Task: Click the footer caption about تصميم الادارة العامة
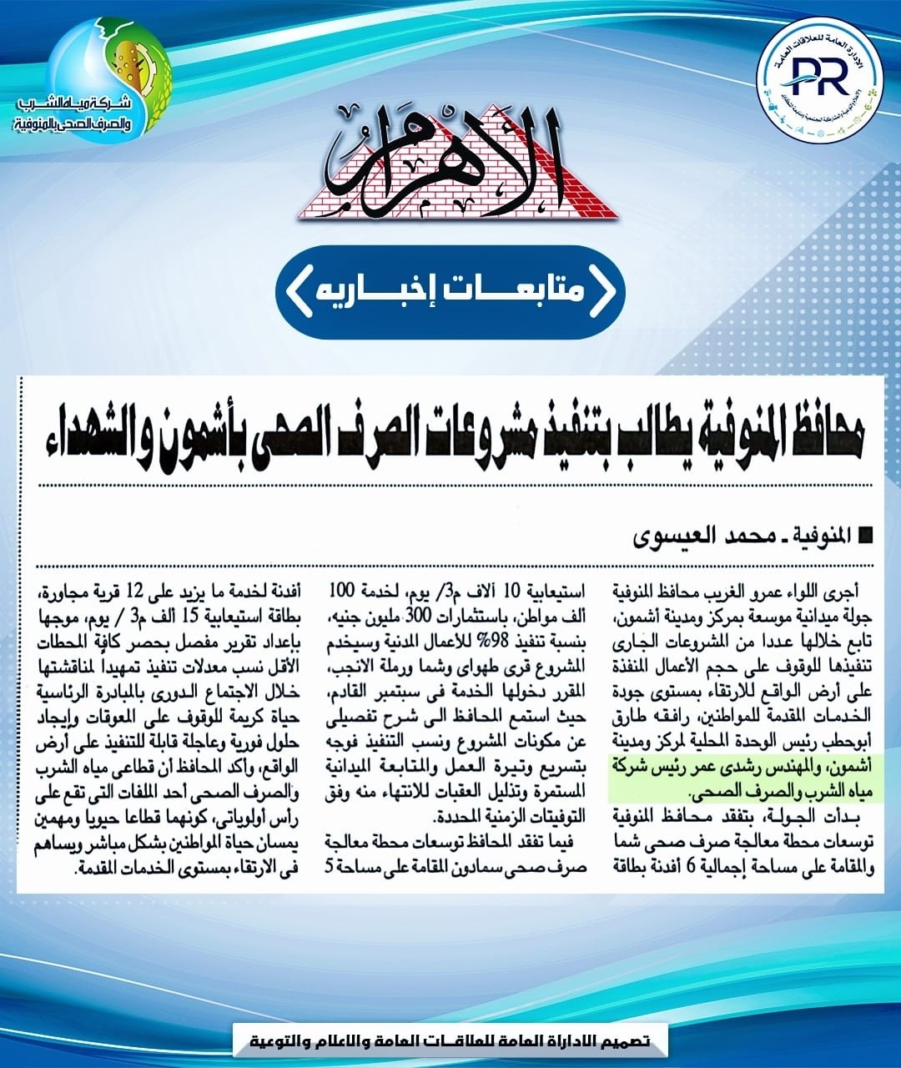[x=451, y=1042]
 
